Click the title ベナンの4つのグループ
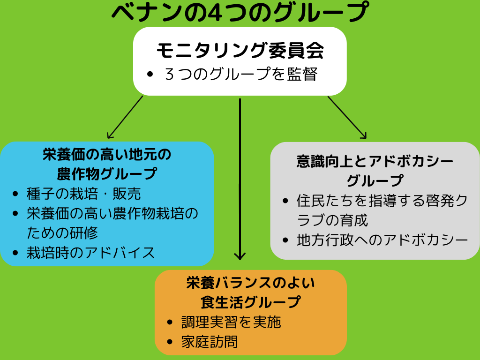[x=240, y=13]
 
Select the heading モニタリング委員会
[x=240, y=51]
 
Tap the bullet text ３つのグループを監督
[x=241, y=75]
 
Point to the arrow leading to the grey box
[x=347, y=117]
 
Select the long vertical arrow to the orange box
[x=240, y=178]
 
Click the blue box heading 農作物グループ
[x=107, y=173]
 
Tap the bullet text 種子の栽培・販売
[x=83, y=194]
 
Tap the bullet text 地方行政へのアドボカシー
[x=382, y=240]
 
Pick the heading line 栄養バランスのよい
[x=251, y=283]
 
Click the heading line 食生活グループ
[x=251, y=302]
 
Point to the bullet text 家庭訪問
[x=210, y=342]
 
